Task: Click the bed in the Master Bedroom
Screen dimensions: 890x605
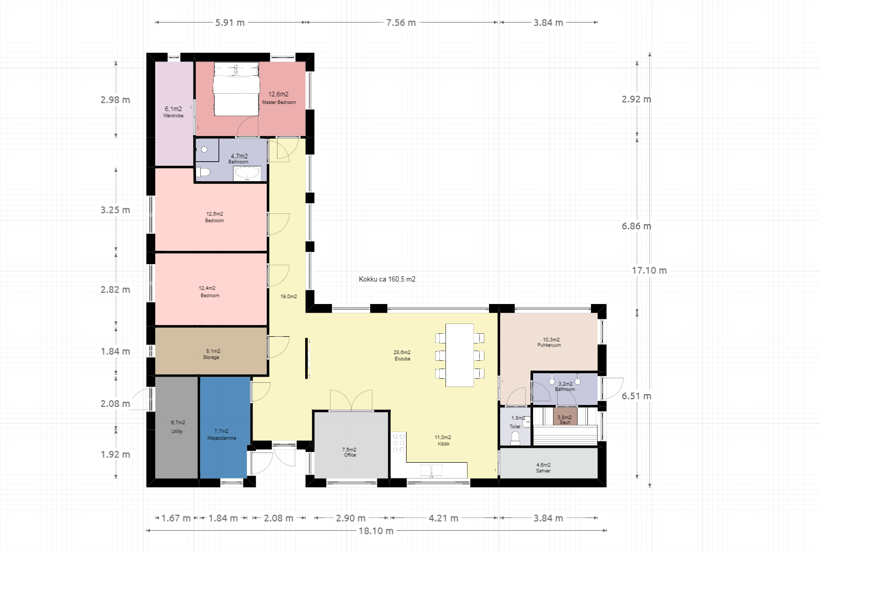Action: pos(236,89)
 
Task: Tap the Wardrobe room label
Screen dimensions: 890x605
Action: pos(173,116)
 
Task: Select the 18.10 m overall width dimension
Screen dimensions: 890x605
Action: pos(376,531)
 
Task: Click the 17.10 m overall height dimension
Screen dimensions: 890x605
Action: pos(649,270)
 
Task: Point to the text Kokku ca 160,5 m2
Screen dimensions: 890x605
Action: pos(387,279)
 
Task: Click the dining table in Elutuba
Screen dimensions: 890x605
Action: pos(459,355)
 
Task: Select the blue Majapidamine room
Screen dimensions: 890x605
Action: pos(225,427)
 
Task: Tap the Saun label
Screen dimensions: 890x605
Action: pos(565,422)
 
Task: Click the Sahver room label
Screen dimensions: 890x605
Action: pos(543,471)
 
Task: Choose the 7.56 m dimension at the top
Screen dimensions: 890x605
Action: pos(401,23)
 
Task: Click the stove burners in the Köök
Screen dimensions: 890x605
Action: pos(398,443)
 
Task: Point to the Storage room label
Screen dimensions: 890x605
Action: pos(211,357)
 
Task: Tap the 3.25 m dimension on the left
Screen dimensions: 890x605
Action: pos(115,210)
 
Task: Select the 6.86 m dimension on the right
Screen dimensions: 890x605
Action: pos(637,226)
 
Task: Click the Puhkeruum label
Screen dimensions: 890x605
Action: pos(549,345)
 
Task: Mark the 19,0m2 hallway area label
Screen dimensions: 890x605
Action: pos(288,296)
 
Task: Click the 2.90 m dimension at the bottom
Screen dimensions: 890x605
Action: pos(351,518)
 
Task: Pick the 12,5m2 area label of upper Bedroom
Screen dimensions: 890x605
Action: pos(215,214)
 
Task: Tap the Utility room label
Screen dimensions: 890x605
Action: pos(177,431)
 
